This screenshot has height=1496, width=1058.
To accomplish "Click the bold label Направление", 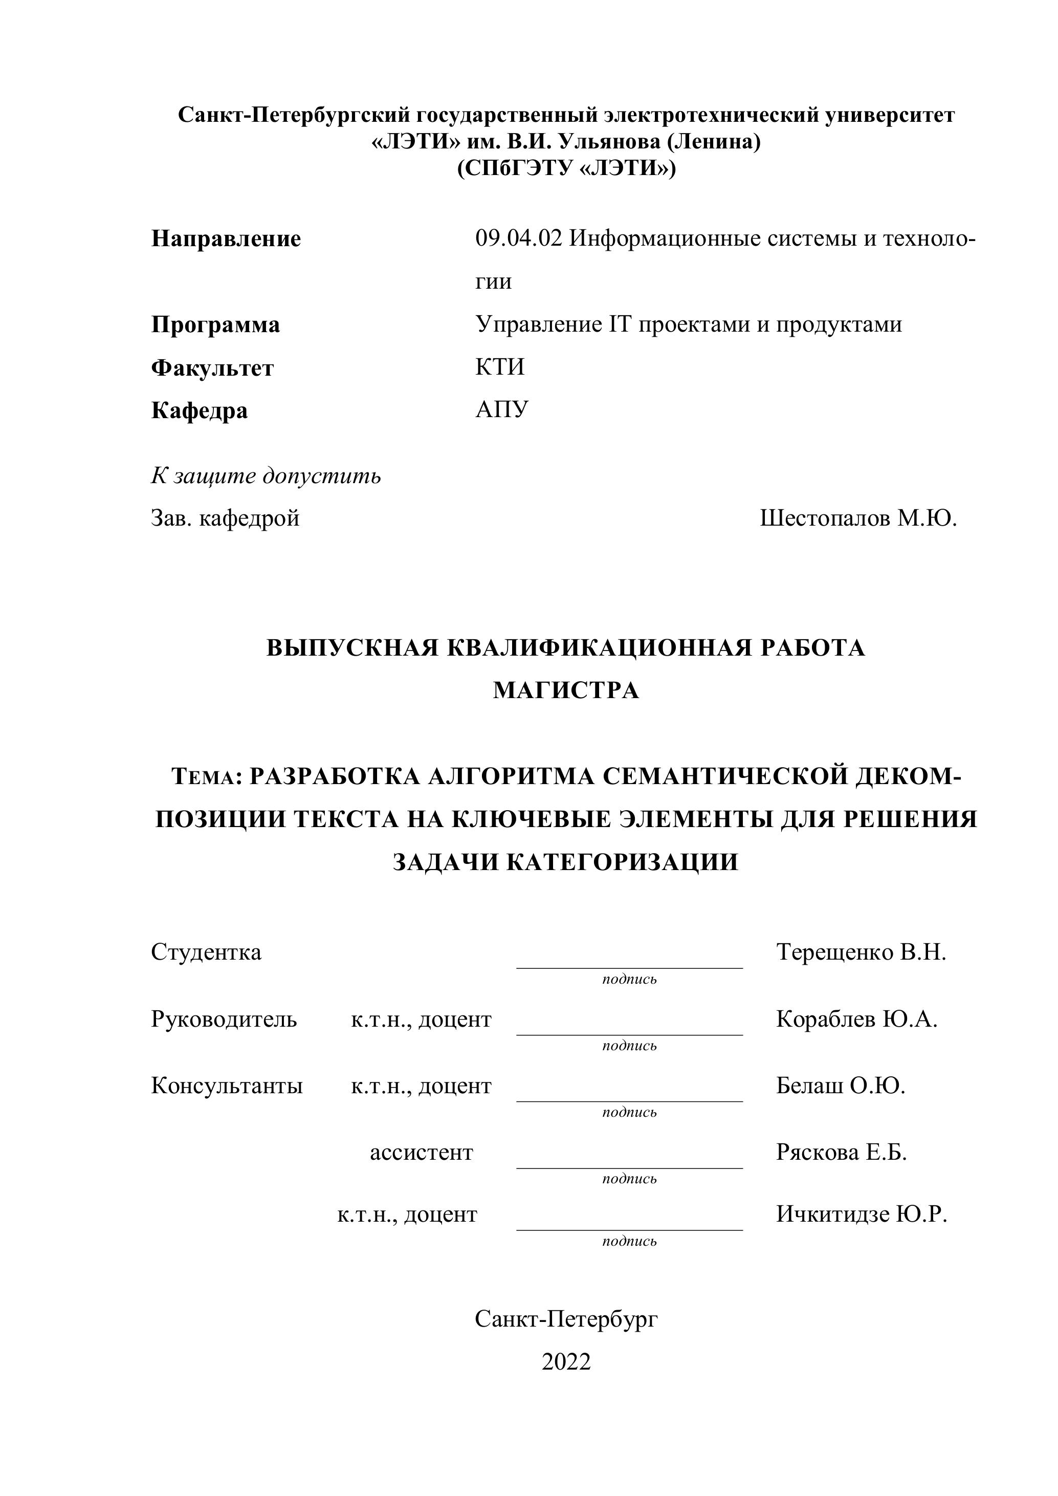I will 226,239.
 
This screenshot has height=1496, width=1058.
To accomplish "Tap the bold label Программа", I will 215,324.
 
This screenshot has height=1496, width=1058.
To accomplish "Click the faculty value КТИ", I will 500,367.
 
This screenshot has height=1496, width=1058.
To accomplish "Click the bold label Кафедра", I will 200,410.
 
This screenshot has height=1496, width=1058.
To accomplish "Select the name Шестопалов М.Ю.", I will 858,518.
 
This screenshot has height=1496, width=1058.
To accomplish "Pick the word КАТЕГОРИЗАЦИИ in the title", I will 622,862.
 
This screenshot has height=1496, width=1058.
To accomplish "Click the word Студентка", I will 206,952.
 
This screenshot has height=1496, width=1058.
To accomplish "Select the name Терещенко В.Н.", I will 861,952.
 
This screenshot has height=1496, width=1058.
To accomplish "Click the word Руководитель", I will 224,1019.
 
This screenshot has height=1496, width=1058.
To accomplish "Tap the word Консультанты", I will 227,1086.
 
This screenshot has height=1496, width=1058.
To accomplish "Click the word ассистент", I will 422,1153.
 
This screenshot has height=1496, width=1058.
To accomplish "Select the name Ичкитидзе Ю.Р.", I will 861,1215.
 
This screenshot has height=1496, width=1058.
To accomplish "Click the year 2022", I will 566,1362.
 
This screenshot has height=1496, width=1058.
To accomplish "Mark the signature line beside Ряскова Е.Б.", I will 629,1167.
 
